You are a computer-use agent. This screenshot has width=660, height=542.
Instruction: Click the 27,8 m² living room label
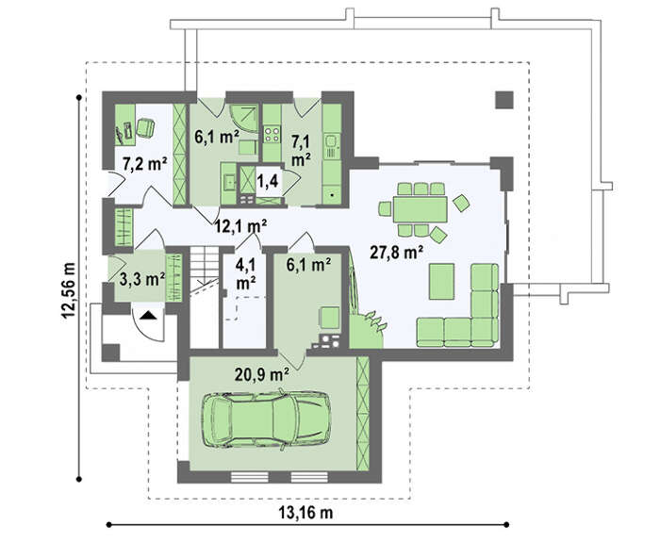397,253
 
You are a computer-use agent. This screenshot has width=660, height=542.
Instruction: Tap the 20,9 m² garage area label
262,373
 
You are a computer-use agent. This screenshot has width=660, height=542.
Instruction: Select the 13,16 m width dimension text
305,513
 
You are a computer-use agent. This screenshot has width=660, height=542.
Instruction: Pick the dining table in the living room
420,209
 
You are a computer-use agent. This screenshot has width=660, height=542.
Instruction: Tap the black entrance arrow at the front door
147,315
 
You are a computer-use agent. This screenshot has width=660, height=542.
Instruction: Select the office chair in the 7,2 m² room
145,127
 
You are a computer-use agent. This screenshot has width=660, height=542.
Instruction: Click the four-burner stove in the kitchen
272,134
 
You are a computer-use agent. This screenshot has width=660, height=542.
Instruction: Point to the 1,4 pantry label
268,181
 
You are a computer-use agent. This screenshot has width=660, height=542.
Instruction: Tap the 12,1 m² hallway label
240,226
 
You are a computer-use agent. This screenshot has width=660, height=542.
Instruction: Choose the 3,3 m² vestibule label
142,279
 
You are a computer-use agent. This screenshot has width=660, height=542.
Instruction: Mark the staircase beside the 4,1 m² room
205,271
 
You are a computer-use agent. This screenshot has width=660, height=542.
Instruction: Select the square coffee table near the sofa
441,281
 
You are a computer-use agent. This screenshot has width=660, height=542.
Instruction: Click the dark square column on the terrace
504,100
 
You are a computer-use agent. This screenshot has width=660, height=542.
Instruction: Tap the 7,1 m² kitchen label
302,151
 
